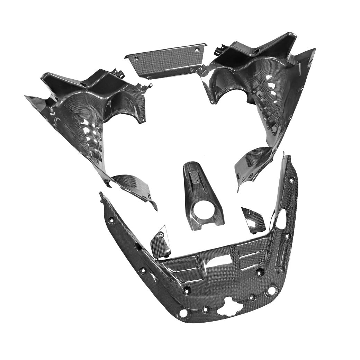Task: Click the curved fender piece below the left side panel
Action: point(133,187)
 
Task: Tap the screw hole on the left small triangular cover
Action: point(160,235)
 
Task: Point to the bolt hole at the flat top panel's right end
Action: point(197,50)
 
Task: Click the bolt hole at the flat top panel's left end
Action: point(136,59)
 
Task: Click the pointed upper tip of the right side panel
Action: point(314,49)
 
